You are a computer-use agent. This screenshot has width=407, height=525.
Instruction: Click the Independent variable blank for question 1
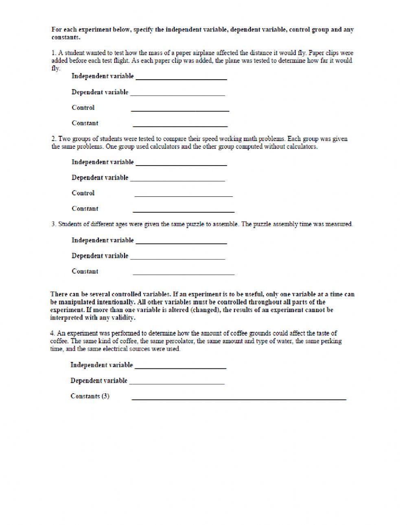point(181,77)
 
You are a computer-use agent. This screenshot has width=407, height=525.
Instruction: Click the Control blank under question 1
point(180,108)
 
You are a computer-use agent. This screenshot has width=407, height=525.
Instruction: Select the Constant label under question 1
point(85,123)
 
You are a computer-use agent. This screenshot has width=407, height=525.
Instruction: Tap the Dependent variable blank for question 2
point(177,178)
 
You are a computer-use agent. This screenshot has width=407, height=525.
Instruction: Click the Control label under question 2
point(83,193)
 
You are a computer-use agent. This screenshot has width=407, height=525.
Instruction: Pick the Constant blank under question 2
point(184,209)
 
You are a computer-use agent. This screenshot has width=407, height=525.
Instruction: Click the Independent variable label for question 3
point(103,240)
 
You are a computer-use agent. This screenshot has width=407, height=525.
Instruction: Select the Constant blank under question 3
point(184,272)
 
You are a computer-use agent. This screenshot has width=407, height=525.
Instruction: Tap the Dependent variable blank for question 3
point(177,257)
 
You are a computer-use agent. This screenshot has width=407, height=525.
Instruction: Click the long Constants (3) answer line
point(239,397)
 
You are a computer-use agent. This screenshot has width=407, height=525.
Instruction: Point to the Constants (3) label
point(90,396)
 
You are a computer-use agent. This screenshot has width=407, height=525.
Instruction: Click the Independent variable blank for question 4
point(180,366)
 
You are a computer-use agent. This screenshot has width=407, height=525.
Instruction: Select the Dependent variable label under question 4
point(99,381)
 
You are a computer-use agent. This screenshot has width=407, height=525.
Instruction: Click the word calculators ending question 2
point(302,147)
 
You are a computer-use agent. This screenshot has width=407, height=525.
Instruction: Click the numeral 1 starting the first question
point(53,53)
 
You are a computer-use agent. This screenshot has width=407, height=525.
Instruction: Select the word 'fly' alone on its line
point(55,68)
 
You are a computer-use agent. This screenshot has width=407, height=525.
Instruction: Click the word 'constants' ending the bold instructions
point(65,37)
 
